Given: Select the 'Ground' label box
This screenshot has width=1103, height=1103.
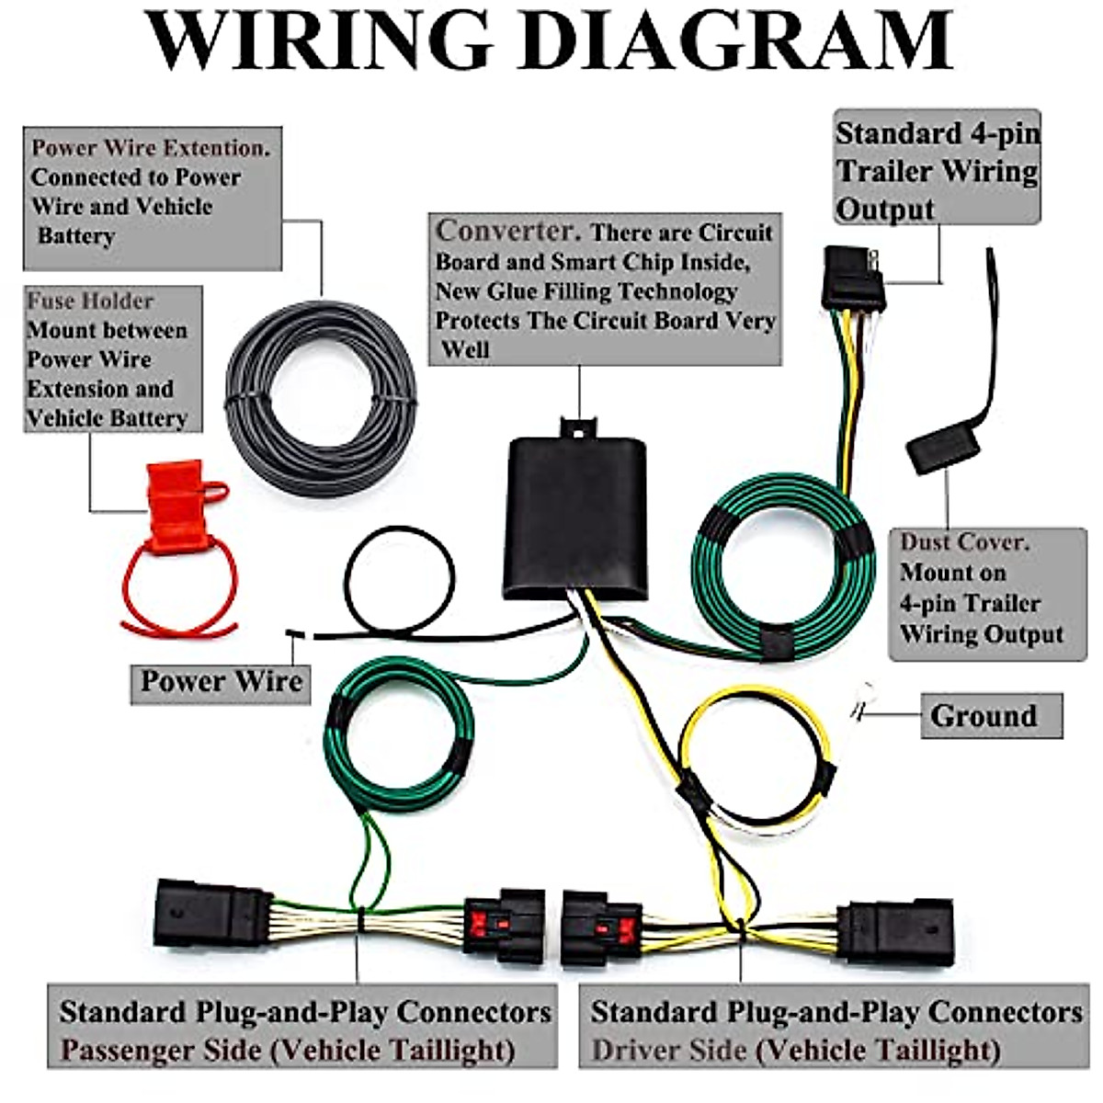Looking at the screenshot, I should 991,716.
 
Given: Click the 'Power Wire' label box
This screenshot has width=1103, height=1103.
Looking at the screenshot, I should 221,682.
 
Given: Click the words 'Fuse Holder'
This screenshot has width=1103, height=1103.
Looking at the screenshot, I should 90,301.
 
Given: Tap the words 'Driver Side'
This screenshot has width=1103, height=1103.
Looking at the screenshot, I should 668,1050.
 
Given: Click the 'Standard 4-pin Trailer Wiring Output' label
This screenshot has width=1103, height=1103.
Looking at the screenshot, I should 937,170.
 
